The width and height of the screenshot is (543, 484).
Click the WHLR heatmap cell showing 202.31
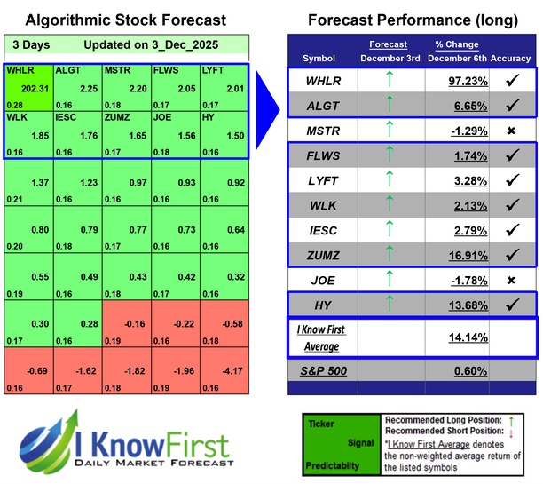tap(28, 86)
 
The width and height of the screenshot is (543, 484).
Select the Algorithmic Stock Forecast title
tap(125, 20)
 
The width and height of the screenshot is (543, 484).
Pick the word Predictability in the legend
tap(333, 464)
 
